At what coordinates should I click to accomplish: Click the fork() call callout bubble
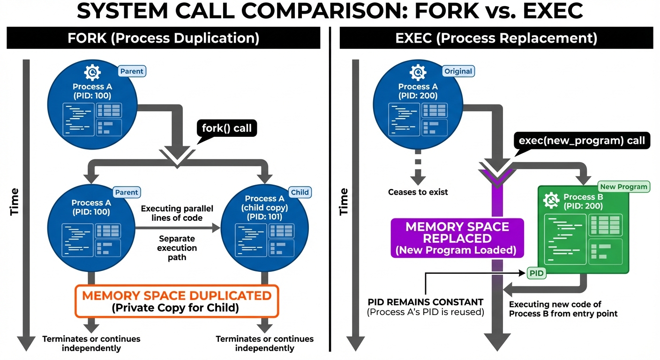(227, 128)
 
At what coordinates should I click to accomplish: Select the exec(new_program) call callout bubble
(582, 140)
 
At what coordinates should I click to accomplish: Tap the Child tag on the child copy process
(300, 192)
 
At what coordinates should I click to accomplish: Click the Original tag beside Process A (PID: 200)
(458, 71)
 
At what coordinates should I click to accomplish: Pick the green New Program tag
(623, 187)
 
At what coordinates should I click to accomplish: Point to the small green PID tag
(537, 273)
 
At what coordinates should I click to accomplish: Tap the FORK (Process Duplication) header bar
(163, 38)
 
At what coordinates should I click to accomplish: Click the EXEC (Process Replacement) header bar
(496, 38)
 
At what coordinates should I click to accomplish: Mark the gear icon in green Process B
(551, 201)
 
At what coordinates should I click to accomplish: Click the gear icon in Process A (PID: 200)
(418, 73)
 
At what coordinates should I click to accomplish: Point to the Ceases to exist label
(418, 192)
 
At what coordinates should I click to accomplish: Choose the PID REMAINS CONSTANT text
(425, 302)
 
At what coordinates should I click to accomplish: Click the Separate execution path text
(177, 248)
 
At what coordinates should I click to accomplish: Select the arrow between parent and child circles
(178, 228)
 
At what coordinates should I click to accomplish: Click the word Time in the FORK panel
(15, 202)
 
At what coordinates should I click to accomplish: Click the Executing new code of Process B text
(563, 309)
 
